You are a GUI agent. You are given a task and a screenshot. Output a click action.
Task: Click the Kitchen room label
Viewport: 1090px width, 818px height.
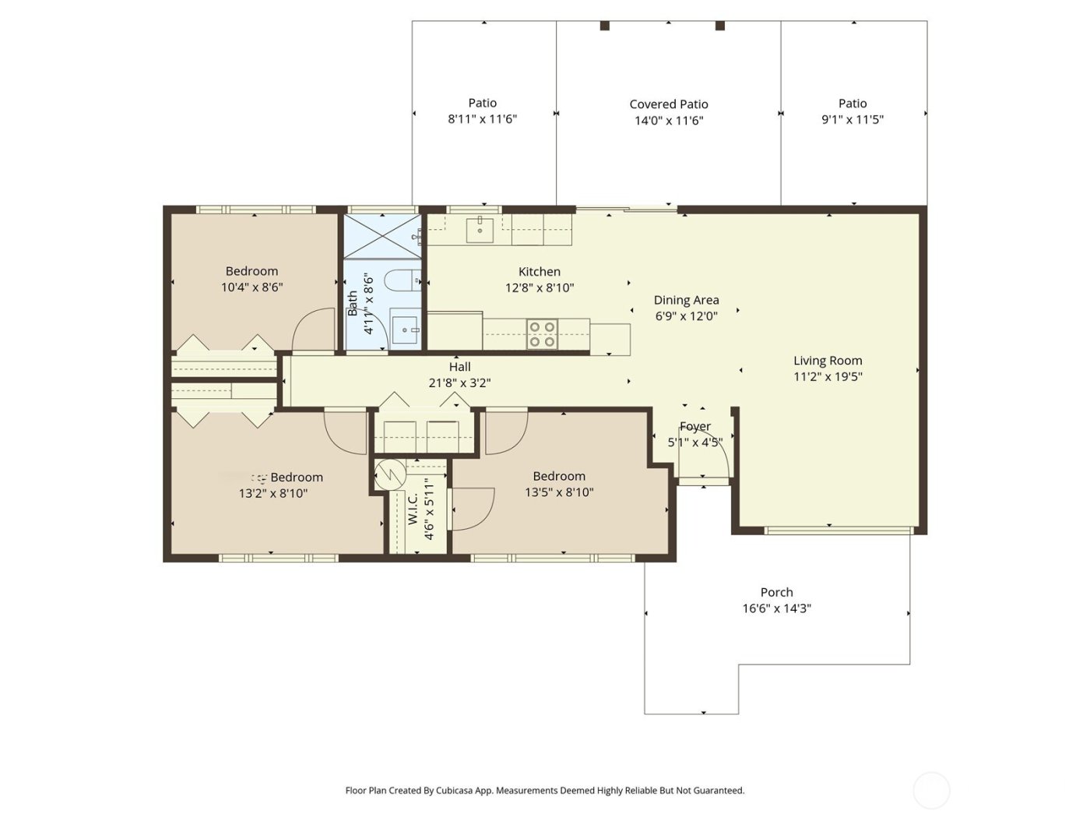(539, 272)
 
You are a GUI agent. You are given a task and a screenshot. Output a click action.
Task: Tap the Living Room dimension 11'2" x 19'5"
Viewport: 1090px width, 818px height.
(828, 377)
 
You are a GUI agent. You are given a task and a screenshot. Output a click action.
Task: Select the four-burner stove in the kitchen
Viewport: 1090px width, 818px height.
(542, 334)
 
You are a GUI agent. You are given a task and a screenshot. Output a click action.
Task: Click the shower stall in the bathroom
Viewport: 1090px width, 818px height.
(382, 234)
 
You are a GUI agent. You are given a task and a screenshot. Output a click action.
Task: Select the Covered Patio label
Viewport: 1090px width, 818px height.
(669, 104)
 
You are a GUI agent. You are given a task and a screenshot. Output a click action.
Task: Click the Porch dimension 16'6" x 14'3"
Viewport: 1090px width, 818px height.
(776, 608)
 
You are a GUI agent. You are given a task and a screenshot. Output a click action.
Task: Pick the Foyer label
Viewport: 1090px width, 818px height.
(694, 426)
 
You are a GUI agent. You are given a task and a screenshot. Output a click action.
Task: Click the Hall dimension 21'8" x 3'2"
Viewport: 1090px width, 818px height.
(459, 383)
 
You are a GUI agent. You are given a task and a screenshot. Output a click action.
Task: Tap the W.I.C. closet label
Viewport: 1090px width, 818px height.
(413, 509)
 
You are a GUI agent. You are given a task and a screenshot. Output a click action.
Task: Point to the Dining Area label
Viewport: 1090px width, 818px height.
(686, 300)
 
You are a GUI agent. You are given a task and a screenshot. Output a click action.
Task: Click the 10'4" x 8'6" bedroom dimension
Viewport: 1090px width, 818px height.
(251, 287)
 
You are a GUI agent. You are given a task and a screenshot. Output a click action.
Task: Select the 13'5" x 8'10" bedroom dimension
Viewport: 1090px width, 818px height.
(559, 492)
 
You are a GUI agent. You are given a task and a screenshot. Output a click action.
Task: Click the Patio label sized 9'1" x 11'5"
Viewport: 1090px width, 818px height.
(853, 104)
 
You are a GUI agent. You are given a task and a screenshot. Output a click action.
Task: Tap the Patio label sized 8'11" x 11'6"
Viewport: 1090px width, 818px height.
(483, 103)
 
